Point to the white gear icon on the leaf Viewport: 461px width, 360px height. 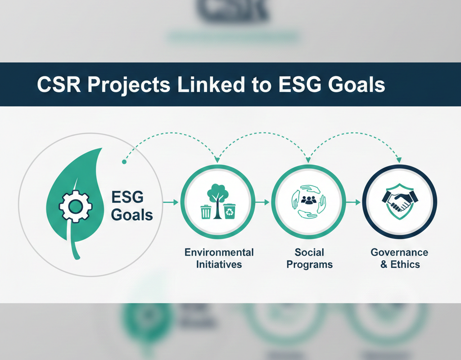[76, 206]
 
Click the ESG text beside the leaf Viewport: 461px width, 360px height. [127, 197]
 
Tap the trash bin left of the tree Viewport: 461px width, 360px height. [206, 211]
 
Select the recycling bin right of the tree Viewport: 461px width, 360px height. [230, 211]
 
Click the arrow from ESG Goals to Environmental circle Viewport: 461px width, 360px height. [170, 203]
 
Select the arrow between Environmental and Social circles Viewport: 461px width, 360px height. [262, 203]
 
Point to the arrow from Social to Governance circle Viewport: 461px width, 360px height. [353, 203]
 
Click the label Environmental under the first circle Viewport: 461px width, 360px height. [219, 252]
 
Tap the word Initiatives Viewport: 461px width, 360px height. [219, 264]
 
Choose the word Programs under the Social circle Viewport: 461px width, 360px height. [309, 264]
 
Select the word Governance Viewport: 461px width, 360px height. [399, 252]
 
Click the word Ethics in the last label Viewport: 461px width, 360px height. [405, 264]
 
